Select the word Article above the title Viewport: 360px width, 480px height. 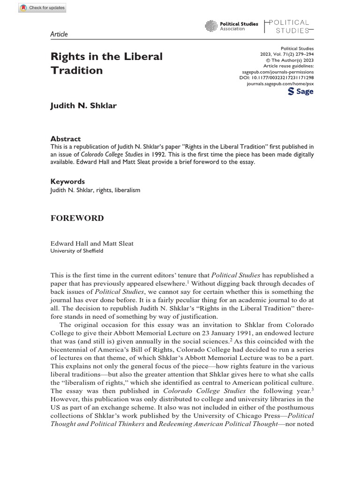coord(59,34)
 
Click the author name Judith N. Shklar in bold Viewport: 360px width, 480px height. coord(83,105)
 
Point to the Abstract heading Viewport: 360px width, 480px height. coord(65,139)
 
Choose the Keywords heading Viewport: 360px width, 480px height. coord(67,181)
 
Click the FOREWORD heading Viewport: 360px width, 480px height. coord(77,218)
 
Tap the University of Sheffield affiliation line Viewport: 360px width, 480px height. coord(76,251)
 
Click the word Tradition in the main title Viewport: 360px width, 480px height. coord(76,71)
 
